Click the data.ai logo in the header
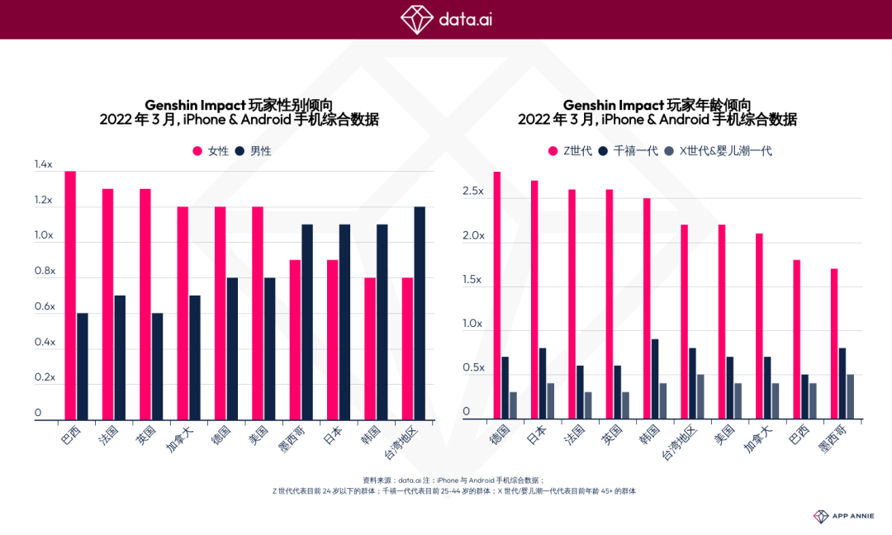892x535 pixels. click(x=446, y=18)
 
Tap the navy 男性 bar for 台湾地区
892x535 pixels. click(x=420, y=314)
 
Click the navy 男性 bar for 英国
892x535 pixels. click(x=157, y=367)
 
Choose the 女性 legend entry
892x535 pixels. click(x=211, y=151)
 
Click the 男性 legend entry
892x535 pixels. click(x=254, y=151)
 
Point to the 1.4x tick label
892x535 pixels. click(x=44, y=165)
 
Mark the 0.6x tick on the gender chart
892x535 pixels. click(x=44, y=307)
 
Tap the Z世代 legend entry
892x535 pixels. click(x=570, y=151)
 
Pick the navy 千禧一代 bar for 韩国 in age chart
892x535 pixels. click(x=654, y=379)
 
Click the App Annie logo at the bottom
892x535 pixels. click(x=842, y=516)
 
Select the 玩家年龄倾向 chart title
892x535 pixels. click(x=657, y=105)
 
